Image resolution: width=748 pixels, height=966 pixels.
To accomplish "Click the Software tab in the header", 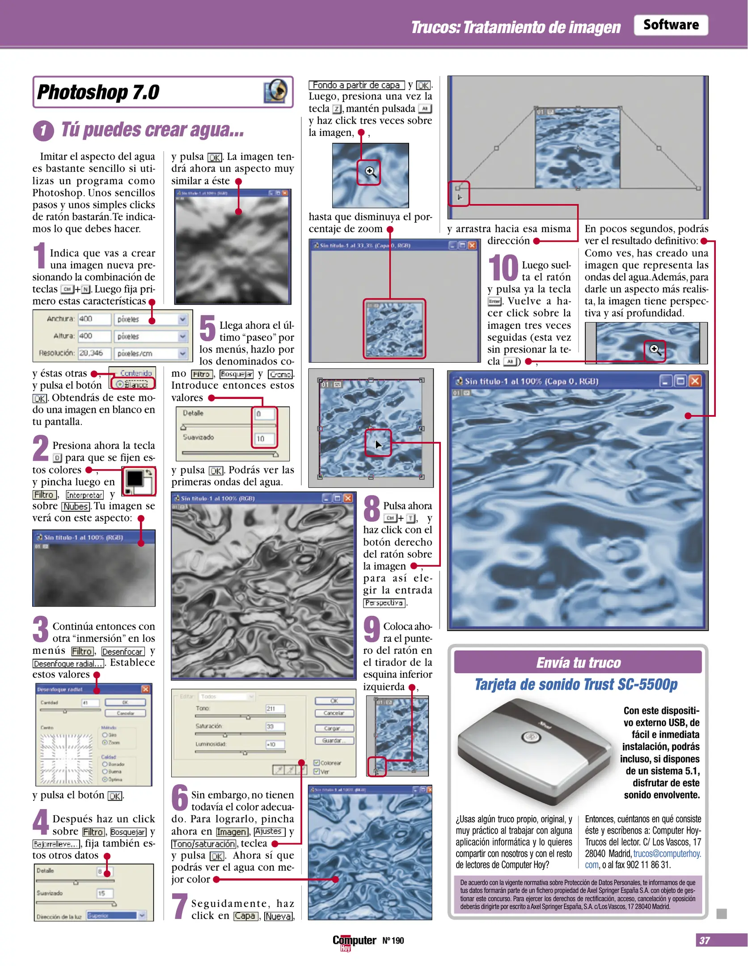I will (670, 25).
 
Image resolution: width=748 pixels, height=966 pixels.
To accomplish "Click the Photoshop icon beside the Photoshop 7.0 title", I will (276, 91).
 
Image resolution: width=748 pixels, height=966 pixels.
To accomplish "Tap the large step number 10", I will (503, 268).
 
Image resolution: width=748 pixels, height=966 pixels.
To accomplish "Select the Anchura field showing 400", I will (94, 319).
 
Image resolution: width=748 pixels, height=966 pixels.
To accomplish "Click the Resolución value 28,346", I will (94, 353).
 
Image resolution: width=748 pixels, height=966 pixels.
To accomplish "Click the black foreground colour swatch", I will (135, 479).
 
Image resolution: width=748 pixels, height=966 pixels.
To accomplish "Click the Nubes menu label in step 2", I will (76, 506).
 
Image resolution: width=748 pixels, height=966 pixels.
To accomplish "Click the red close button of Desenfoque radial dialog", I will (145, 689).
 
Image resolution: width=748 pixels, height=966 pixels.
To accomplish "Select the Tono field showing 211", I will (275, 708).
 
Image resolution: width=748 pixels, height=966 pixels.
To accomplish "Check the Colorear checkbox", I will (317, 763).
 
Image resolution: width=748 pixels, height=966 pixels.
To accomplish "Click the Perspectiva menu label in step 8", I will (384, 603).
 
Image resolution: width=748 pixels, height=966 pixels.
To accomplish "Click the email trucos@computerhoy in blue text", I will (667, 853).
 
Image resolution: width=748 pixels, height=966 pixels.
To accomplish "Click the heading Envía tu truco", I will (578, 662).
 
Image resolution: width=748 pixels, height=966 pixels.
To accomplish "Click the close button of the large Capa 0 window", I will (695, 381).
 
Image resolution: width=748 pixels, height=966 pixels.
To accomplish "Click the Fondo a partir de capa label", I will (356, 85).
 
